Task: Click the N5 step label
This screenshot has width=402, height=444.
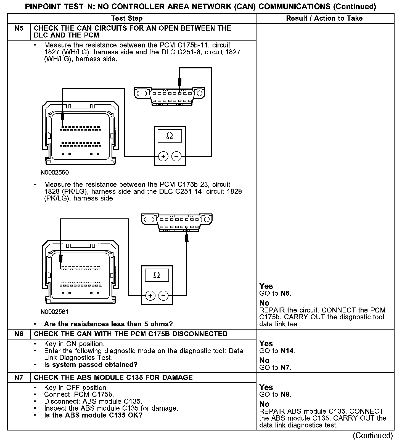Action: (x=19, y=28)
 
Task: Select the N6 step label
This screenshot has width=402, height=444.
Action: (x=19, y=334)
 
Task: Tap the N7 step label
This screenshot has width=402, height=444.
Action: (x=19, y=378)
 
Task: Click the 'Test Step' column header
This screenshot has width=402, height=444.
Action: (x=127, y=18)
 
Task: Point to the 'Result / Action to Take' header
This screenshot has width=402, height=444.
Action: (x=324, y=18)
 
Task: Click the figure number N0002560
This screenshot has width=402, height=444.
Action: (x=55, y=173)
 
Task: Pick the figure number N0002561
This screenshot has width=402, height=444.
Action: (x=54, y=312)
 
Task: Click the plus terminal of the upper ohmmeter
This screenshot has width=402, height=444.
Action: (x=163, y=157)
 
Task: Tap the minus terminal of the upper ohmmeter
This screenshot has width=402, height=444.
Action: (x=176, y=157)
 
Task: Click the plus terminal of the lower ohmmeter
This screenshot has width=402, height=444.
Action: (x=150, y=296)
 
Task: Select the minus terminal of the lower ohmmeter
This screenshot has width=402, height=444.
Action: (x=163, y=296)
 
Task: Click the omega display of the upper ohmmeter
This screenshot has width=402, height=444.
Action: (x=170, y=136)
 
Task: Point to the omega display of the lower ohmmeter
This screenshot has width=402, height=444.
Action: (x=157, y=275)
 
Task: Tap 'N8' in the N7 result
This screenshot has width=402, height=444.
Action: (x=285, y=395)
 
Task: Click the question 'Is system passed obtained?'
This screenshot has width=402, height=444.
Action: (x=91, y=365)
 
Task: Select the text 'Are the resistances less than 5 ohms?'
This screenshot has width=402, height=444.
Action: (x=108, y=324)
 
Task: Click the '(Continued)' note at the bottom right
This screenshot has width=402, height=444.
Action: (x=373, y=436)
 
